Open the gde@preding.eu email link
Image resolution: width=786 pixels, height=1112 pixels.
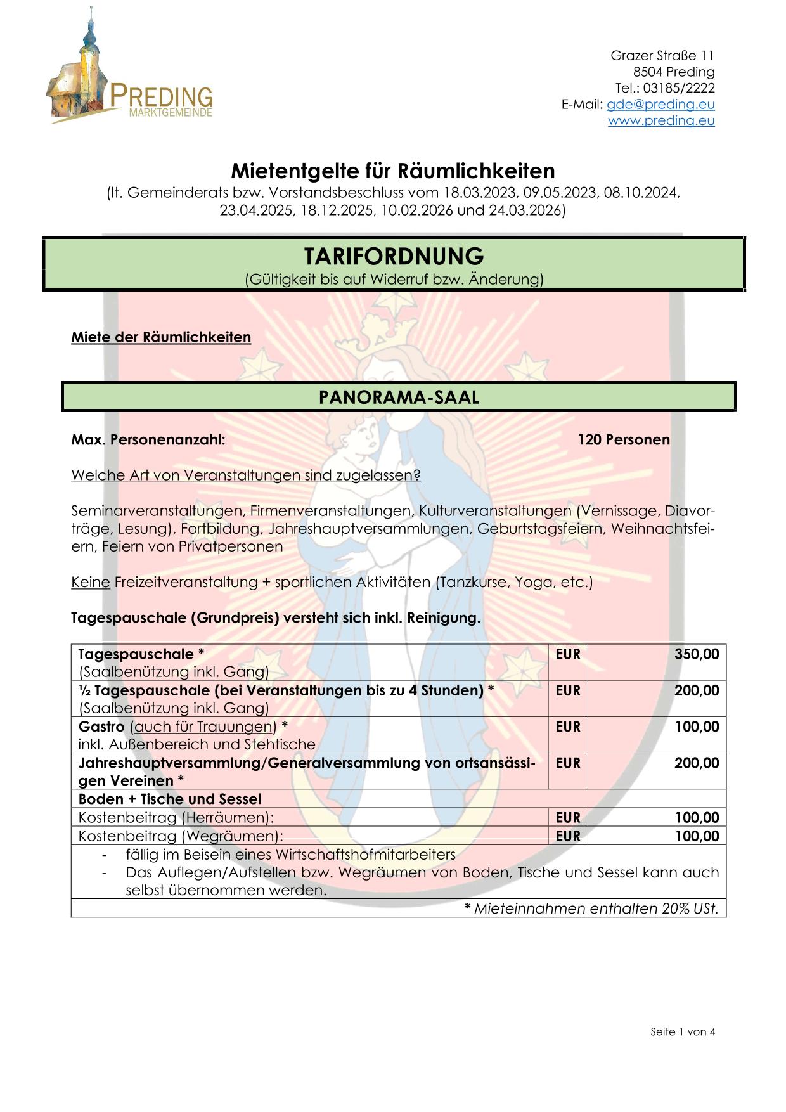tap(660, 105)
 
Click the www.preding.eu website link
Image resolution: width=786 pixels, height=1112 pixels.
tap(661, 120)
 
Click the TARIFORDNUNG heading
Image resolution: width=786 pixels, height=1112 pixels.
tap(393, 256)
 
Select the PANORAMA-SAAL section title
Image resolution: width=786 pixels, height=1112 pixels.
tap(399, 397)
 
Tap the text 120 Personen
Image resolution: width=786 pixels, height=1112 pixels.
tap(623, 439)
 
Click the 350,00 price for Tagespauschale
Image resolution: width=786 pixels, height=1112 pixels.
tap(697, 654)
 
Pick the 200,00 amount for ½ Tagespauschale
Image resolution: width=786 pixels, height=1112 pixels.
tap(697, 690)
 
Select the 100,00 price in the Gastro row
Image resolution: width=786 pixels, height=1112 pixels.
tap(697, 727)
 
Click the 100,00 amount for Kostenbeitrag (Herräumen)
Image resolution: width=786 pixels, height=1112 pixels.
tap(697, 818)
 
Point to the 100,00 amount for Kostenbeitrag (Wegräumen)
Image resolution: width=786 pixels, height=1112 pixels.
tap(697, 836)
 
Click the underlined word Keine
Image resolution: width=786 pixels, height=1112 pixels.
tap(91, 582)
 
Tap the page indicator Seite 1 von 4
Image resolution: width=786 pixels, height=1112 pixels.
tap(683, 1031)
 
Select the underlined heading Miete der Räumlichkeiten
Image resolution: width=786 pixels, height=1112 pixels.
tap(161, 337)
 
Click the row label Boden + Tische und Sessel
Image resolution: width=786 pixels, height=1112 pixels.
tap(170, 799)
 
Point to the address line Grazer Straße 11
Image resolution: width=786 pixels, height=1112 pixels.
tap(662, 56)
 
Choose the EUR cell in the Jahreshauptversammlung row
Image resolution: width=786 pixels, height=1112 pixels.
tap(567, 763)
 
